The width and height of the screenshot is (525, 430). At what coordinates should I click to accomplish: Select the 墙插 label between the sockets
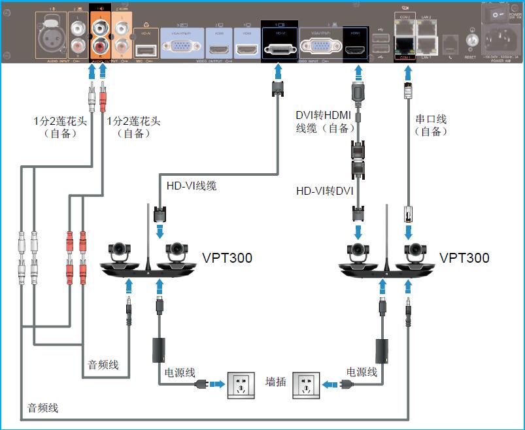pyautogui.click(x=275, y=382)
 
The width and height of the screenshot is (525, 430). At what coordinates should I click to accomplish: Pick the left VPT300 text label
pyautogui.click(x=227, y=258)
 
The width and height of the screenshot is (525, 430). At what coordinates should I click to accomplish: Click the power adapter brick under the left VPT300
pyautogui.click(x=158, y=350)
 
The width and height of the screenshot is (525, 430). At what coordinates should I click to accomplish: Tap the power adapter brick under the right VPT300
pyautogui.click(x=382, y=350)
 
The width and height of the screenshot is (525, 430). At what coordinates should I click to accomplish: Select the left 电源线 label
pyautogui.click(x=179, y=372)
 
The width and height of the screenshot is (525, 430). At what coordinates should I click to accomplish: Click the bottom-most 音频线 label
pyautogui.click(x=43, y=408)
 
